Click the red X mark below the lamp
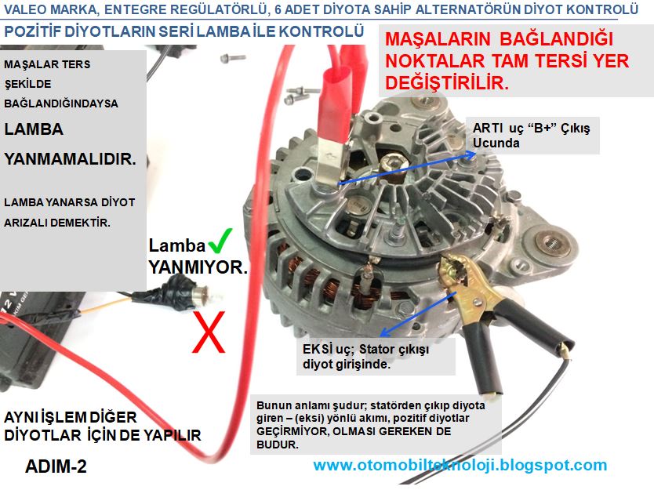point(209,332)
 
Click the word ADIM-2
point(56,466)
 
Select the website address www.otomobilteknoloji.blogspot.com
point(460,465)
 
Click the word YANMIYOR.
point(198,267)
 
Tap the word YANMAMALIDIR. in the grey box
point(70,159)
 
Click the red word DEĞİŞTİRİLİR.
point(447,82)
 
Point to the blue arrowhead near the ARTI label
point(470,154)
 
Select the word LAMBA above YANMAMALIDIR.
point(34,129)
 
